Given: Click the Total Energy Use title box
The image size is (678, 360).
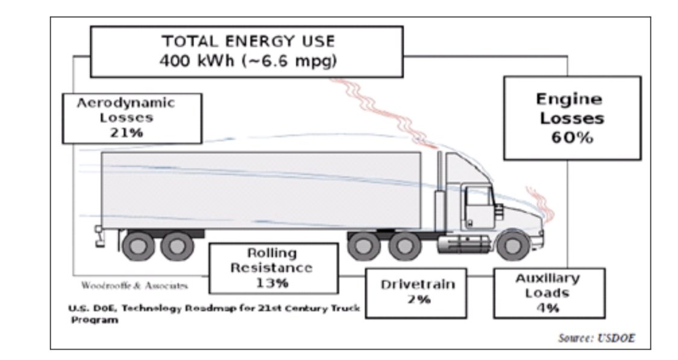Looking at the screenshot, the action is pyautogui.click(x=247, y=51).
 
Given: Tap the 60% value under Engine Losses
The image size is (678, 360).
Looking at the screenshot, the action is pyautogui.click(x=571, y=137).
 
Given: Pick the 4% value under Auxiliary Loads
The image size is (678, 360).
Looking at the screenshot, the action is pyautogui.click(x=547, y=307).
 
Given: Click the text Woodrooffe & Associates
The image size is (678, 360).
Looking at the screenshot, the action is pyautogui.click(x=134, y=285).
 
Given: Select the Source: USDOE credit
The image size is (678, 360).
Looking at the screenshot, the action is pyautogui.click(x=597, y=338).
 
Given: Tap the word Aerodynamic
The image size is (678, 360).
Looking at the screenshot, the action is pyautogui.click(x=126, y=103).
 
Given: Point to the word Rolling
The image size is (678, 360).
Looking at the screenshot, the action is pyautogui.click(x=272, y=253).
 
